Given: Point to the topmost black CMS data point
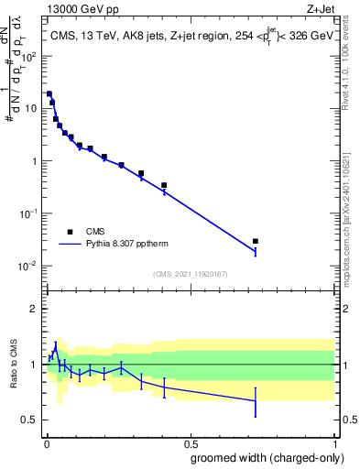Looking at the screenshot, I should click(x=49, y=93).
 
